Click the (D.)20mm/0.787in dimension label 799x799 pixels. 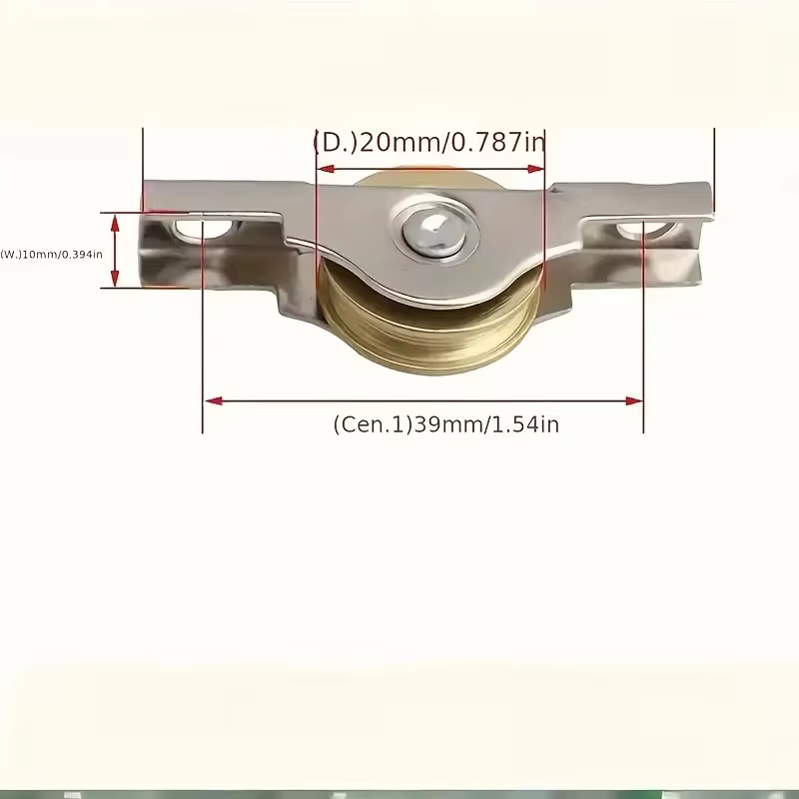429,142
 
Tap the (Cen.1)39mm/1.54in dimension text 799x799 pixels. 445,424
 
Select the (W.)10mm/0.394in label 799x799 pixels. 52,254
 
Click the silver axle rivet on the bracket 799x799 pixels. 433,233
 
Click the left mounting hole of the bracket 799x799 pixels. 203,230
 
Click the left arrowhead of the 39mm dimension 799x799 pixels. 214,401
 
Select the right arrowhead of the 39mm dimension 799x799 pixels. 633,401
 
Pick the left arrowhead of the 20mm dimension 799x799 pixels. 326,169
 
